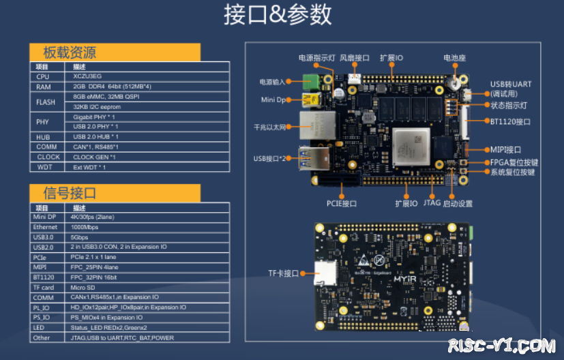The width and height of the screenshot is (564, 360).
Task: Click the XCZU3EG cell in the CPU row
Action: pos(89,76)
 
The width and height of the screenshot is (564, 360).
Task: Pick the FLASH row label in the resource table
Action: pos(46,102)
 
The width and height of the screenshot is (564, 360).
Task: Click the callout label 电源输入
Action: pos(272,82)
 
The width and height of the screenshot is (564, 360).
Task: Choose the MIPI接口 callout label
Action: pos(505,149)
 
